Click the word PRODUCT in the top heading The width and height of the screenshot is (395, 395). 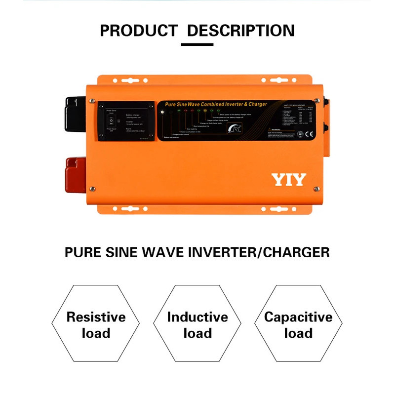tap(138, 31)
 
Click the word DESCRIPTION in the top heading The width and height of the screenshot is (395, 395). tap(241, 31)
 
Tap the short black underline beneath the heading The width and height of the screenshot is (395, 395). tap(197, 44)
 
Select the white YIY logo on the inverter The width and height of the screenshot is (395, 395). tap(289, 180)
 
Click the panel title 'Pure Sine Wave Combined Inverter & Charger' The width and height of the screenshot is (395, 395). tap(216, 104)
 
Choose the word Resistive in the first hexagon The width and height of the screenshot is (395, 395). tap(96, 316)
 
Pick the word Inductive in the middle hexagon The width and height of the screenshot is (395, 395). tap(197, 316)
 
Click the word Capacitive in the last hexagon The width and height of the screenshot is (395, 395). tap(298, 316)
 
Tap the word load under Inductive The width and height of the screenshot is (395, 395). tap(197, 333)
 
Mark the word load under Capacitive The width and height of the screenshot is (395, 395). tap(298, 333)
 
